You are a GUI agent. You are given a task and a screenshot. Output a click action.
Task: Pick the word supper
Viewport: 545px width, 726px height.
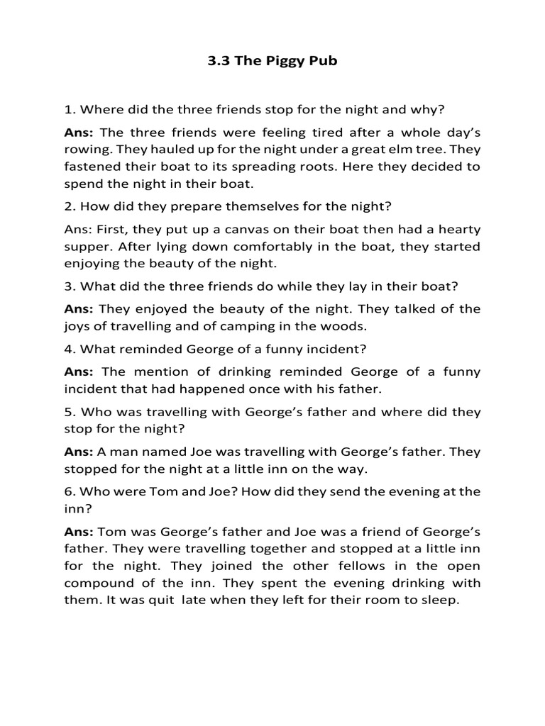pos(87,246)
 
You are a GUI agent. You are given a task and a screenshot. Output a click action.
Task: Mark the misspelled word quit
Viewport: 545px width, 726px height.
pos(155,600)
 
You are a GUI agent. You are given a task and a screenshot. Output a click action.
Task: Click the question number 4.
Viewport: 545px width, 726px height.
pos(68,349)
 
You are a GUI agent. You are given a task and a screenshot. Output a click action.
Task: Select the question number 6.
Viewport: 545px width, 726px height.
pos(68,491)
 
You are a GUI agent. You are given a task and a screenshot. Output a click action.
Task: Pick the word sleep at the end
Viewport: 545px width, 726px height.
pos(441,600)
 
